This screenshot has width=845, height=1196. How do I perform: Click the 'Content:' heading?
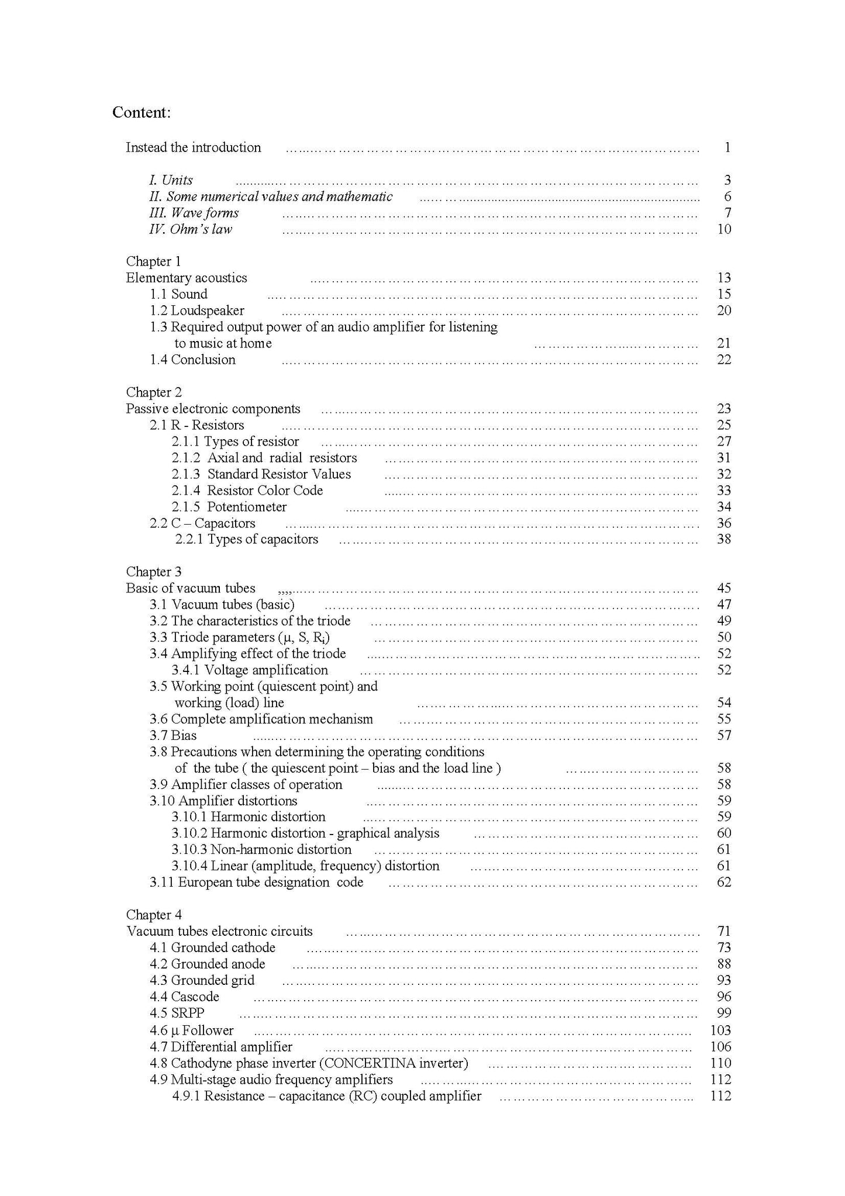coord(141,112)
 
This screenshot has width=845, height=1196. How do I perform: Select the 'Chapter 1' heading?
coord(154,261)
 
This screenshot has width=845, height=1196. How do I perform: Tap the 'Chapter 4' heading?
coord(154,915)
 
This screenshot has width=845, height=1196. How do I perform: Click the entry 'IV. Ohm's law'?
coord(191,229)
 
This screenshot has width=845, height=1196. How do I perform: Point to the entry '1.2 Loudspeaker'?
coord(197,311)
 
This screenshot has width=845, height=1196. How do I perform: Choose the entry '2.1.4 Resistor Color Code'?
coord(247,491)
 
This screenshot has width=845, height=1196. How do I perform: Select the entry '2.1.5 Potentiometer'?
coord(229,507)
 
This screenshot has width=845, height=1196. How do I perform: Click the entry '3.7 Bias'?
coord(173,736)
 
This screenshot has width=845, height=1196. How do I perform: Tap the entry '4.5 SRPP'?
coord(177,1013)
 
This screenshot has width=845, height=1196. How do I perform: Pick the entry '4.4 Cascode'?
coord(184,997)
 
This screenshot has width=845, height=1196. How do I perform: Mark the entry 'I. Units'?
coord(171,180)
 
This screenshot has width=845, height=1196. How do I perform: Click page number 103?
coord(720,1030)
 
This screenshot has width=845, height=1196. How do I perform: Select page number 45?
coord(724,588)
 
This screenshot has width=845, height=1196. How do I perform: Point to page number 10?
coord(724,229)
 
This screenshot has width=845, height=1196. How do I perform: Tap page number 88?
coord(724,964)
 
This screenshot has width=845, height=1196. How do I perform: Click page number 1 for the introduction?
coord(727,147)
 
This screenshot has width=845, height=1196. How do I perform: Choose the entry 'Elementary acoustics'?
coord(187,278)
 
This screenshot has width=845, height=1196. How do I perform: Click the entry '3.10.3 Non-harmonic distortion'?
coord(261,850)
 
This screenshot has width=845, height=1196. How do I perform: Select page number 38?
coord(724,539)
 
